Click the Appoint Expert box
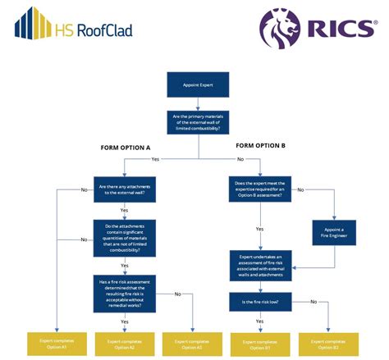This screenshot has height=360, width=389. click(x=194, y=84)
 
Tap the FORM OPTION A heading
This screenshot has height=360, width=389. click(x=125, y=148)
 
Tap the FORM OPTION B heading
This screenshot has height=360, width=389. click(x=259, y=147)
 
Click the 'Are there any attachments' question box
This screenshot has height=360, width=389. click(x=125, y=189)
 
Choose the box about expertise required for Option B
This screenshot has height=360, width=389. click(x=260, y=189)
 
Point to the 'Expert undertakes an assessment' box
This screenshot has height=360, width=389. click(x=260, y=266)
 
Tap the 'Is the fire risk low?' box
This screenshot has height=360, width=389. click(x=260, y=303)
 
